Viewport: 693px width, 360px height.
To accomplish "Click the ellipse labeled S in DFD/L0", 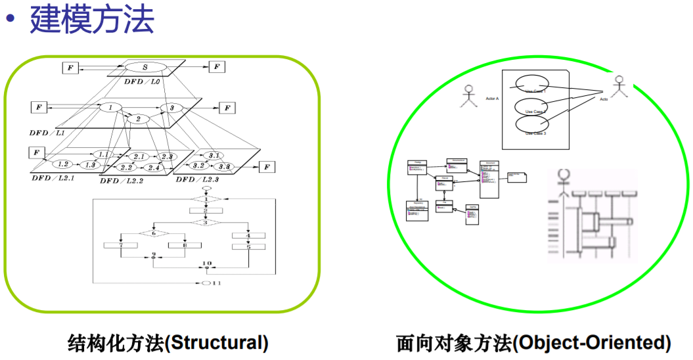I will tap(145, 67).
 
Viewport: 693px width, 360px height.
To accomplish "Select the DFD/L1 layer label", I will tap(47, 132).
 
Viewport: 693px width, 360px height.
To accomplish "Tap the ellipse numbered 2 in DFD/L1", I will tap(138, 119).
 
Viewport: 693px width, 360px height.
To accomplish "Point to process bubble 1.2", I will tap(63, 164).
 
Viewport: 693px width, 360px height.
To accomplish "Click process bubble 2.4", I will tap(154, 168).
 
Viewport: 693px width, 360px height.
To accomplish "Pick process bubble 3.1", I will tap(213, 156).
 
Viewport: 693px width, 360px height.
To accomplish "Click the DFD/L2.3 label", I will tap(198, 180).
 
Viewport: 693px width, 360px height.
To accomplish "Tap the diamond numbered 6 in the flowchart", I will tap(153, 233).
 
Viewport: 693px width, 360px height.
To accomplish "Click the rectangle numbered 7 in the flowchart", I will tap(120, 245).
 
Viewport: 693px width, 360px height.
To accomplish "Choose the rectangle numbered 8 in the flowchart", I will tap(185, 245).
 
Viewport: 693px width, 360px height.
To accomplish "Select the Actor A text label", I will tap(492, 99).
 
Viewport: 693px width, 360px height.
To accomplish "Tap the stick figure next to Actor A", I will tap(468, 96).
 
